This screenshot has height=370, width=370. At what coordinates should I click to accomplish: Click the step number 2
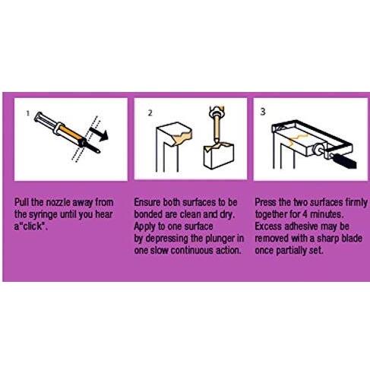[x=150, y=112]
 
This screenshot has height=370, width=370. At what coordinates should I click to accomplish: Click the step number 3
[x=264, y=111]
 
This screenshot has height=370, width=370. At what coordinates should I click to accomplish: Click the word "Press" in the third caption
[x=268, y=204]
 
